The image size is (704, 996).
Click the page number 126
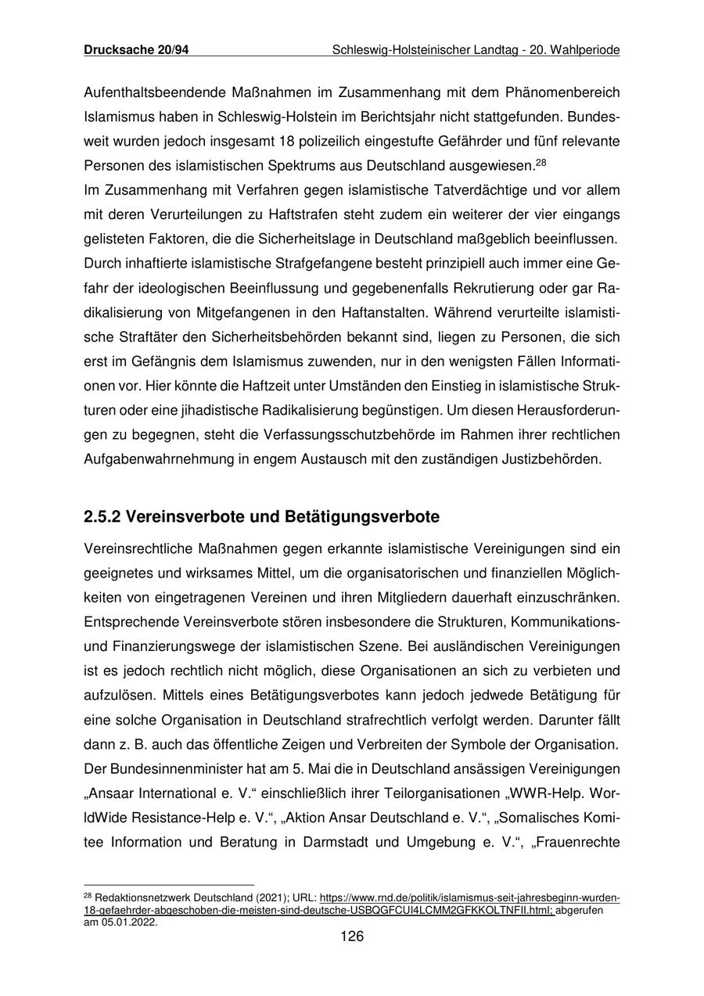click(352, 937)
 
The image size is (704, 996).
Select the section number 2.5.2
click(102, 517)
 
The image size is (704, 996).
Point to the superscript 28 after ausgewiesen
click(539, 163)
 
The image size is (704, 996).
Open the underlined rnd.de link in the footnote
click(469, 899)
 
